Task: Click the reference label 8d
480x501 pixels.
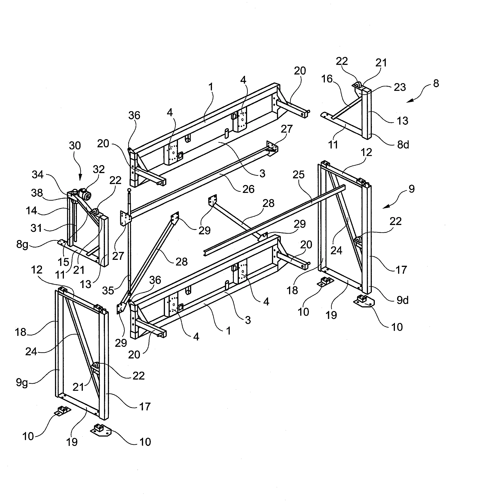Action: point(403,145)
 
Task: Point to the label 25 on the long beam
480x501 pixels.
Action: point(298,175)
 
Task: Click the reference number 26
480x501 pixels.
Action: point(248,189)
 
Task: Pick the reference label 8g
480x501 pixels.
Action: point(22,245)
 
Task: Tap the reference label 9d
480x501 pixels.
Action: point(402,300)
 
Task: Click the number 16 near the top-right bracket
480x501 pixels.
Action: point(327,79)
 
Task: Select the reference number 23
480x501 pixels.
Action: point(400,87)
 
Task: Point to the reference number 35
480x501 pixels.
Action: point(108,290)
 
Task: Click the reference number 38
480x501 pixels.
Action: point(37,193)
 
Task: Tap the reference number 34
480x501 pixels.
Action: point(38,175)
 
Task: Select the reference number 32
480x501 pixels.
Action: point(99,169)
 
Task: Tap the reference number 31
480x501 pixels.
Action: point(36,228)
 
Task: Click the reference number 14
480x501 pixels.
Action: point(31,211)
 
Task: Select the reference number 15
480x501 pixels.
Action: point(63,262)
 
